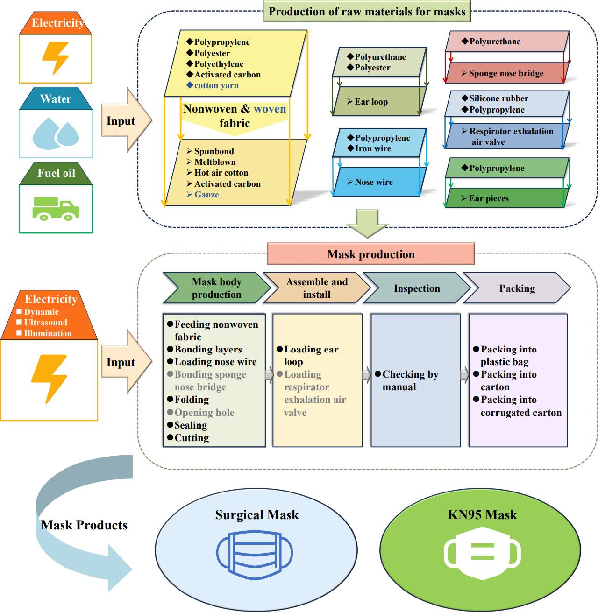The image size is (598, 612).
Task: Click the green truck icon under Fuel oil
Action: (56, 209)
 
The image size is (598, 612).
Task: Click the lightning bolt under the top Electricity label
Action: (56, 58)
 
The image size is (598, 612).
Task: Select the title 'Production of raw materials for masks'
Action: (367, 12)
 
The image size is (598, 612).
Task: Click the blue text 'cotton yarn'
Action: (216, 85)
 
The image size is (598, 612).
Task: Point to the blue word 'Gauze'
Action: (206, 195)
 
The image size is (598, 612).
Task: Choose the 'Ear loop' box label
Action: (371, 102)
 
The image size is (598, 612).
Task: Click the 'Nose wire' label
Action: (374, 182)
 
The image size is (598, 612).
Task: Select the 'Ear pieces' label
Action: (489, 198)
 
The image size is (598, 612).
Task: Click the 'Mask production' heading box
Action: (371, 254)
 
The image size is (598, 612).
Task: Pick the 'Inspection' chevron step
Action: (417, 288)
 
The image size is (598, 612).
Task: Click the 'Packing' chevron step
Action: (517, 288)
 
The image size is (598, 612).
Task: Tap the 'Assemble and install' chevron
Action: (317, 288)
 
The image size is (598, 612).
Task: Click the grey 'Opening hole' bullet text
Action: (204, 413)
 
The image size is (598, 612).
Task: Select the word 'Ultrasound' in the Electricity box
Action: (46, 323)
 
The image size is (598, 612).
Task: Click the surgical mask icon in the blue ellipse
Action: (255, 555)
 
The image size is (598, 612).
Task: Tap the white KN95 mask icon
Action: (482, 553)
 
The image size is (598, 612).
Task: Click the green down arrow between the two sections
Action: (368, 223)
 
